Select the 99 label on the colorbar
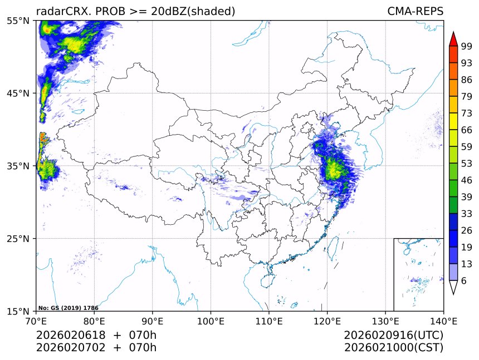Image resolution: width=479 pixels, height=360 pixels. pyautogui.click(x=466, y=47)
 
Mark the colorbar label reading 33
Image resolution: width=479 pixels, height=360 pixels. pyautogui.click(x=466, y=214)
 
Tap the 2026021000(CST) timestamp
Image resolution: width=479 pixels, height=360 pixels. pyautogui.click(x=393, y=348)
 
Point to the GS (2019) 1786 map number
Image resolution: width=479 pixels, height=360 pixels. pyautogui.click(x=69, y=308)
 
